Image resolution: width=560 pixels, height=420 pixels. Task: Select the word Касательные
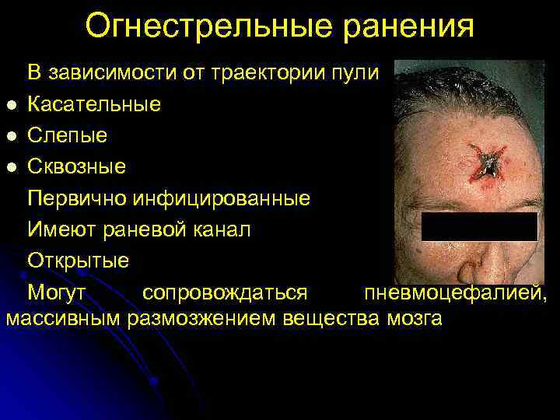pyautogui.click(x=95, y=104)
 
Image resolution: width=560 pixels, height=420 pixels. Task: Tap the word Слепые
pyautogui.click(x=68, y=135)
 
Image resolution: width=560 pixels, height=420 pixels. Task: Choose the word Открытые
pyautogui.click(x=79, y=261)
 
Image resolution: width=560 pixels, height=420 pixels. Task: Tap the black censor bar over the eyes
pyautogui.click(x=479, y=226)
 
